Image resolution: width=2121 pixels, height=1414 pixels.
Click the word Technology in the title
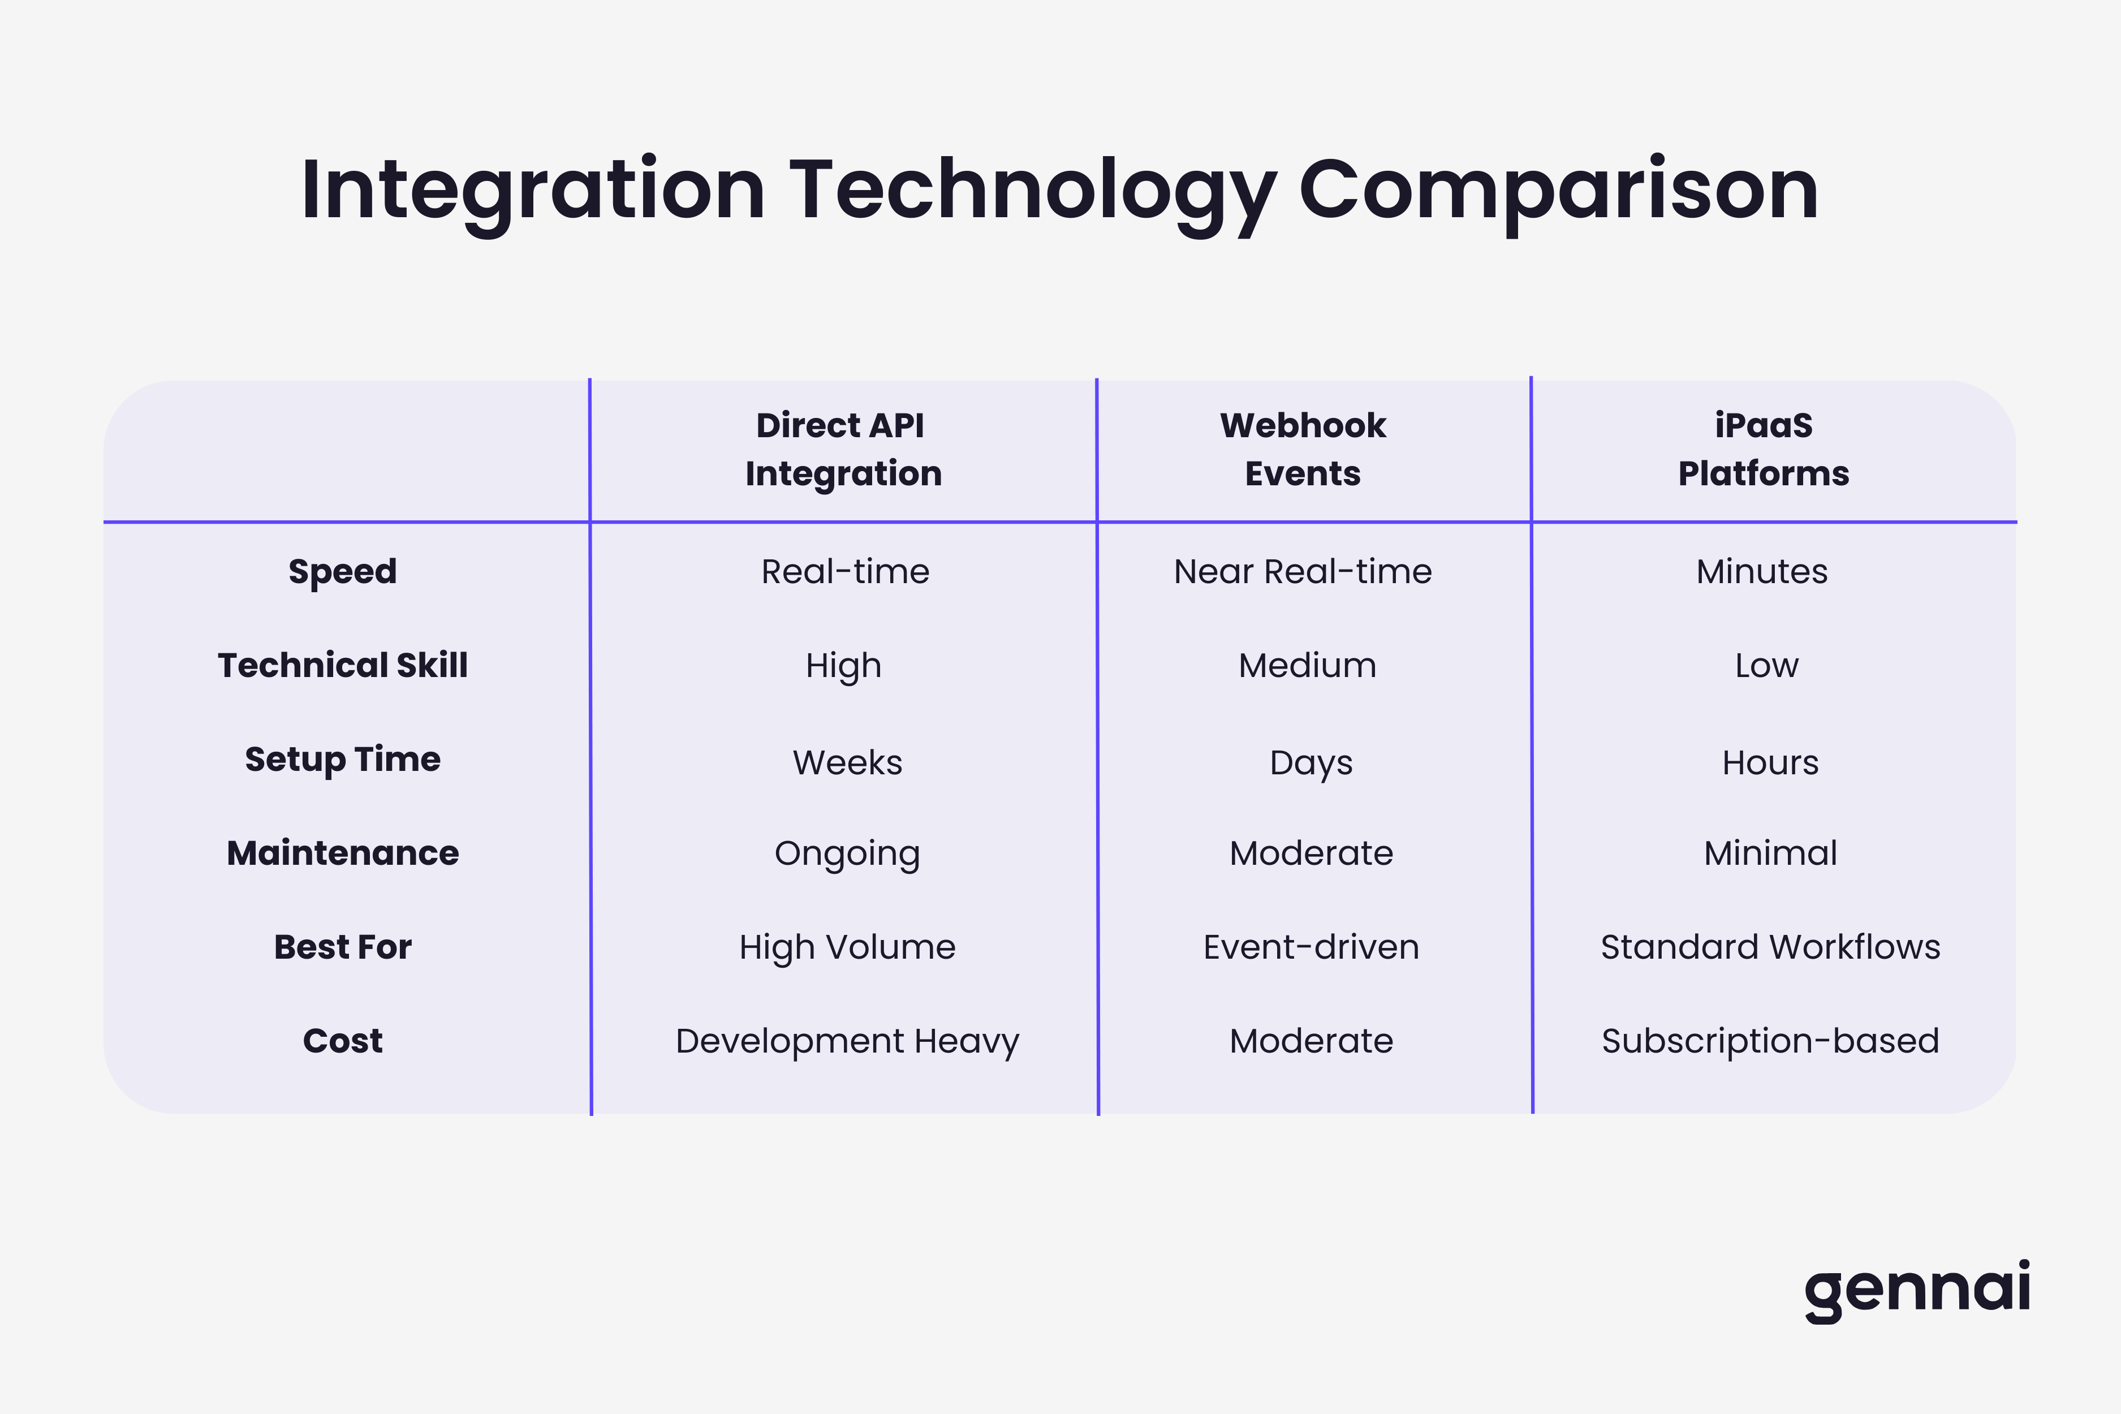(1033, 191)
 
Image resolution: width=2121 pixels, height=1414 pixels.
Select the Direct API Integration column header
(843, 449)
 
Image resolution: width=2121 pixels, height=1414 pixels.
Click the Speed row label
(343, 572)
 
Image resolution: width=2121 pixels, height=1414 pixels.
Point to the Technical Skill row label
(343, 666)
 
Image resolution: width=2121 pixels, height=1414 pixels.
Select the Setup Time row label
(343, 759)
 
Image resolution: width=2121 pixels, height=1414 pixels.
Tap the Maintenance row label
(343, 853)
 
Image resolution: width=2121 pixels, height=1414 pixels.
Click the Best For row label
(343, 947)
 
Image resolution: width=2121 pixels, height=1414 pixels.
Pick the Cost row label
(343, 1041)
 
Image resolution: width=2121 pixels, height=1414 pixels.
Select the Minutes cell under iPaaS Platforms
(1761, 572)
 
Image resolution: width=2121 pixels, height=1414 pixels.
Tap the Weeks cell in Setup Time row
(847, 763)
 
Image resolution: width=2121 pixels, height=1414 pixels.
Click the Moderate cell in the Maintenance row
(1310, 853)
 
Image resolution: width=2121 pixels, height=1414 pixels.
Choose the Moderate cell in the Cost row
(1310, 1041)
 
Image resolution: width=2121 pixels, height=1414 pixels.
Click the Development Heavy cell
(847, 1041)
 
